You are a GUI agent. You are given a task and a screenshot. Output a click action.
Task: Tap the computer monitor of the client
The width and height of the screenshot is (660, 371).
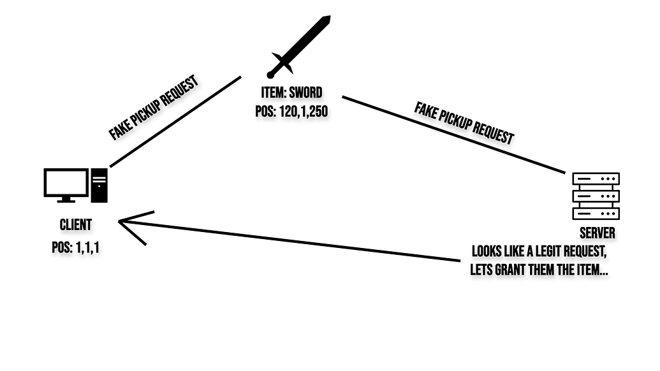65,183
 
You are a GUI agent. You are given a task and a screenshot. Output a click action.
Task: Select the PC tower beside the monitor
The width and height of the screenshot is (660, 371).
99,185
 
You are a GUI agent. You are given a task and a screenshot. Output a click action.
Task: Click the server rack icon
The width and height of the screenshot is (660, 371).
596,196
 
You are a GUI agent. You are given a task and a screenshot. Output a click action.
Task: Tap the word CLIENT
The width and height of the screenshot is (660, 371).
75,225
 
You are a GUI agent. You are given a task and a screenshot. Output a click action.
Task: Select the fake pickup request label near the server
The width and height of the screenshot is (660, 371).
464,122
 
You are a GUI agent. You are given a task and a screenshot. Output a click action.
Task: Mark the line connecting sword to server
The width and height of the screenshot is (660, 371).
453,135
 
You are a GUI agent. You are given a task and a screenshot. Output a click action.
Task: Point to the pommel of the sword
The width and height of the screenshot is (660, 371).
270,75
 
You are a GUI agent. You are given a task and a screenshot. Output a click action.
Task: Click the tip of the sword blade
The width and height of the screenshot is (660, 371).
328,18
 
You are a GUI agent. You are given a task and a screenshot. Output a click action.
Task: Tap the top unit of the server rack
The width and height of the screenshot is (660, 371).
596,179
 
